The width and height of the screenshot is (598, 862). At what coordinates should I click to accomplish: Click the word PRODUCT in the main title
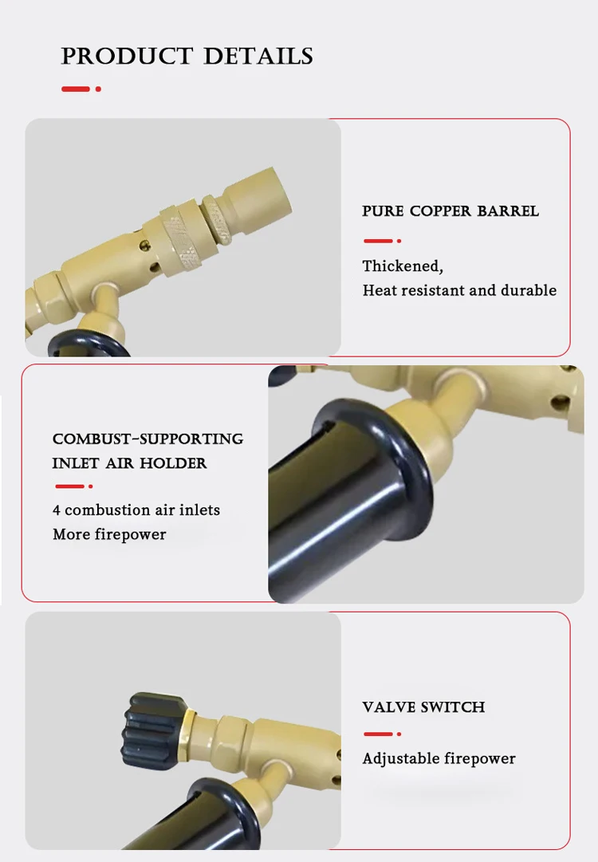tap(127, 56)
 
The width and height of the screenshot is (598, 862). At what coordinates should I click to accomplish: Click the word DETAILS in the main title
tap(258, 56)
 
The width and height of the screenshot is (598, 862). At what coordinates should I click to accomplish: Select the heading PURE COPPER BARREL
tap(450, 211)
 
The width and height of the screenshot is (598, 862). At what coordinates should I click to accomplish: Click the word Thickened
tap(403, 266)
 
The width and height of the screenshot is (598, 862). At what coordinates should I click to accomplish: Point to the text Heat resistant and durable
tap(459, 290)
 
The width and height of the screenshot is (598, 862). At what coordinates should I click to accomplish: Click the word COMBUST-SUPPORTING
tap(148, 439)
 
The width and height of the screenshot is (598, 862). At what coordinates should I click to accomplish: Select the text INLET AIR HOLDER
tap(130, 462)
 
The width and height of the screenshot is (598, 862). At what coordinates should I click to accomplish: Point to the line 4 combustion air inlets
tap(136, 510)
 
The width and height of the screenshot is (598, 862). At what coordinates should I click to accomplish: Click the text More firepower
tap(109, 534)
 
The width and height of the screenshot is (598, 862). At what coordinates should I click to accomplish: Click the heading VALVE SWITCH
tap(423, 707)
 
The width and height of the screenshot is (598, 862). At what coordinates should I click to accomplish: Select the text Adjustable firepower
tap(439, 758)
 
